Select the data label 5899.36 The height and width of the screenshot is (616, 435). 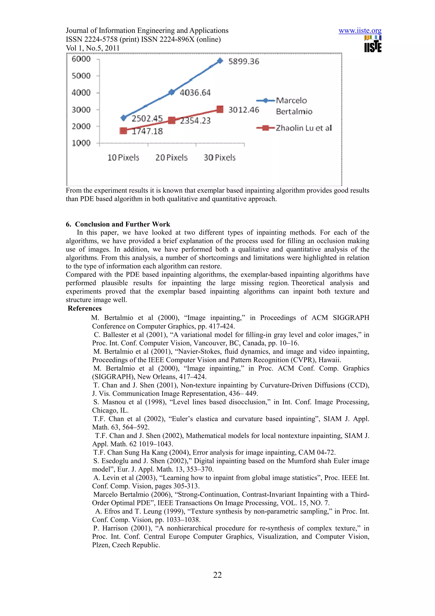pos(243,61)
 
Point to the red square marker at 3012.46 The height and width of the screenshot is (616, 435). pos(220,109)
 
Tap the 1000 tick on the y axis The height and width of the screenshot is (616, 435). pos(81,143)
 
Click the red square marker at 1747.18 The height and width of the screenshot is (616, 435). pos(123,131)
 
